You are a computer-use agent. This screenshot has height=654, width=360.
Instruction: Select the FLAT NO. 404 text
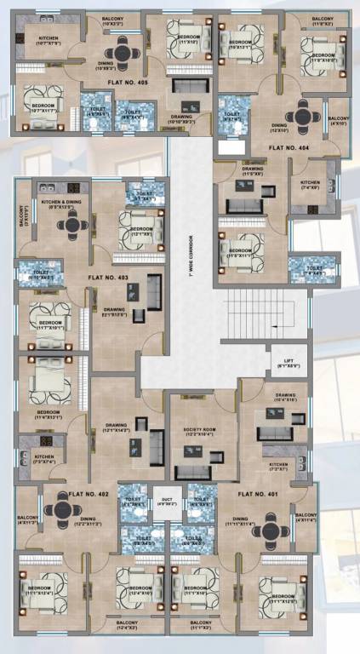pos(289,148)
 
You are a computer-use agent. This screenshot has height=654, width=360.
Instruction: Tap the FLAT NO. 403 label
pos(108,278)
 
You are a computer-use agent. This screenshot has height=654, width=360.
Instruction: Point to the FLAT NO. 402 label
pos(93,494)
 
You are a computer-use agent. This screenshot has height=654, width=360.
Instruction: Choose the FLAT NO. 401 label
pos(258,494)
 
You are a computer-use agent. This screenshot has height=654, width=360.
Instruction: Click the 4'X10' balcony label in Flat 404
pos(338,121)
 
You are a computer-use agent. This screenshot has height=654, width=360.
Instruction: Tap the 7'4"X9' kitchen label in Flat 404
pos(310,186)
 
